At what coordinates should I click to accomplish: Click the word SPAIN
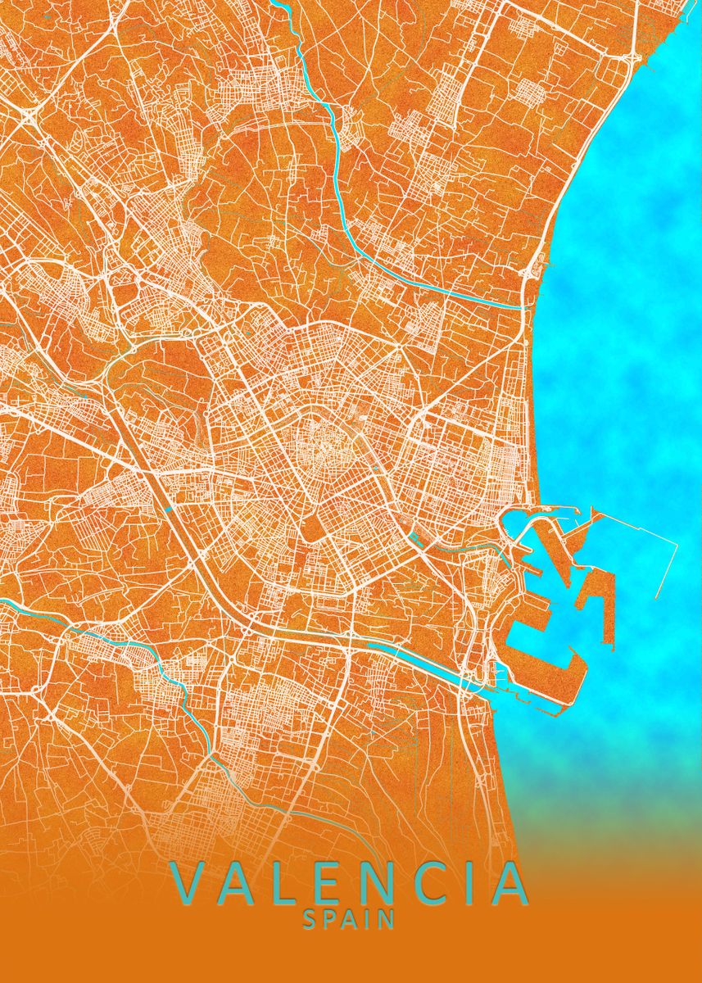pyautogui.click(x=350, y=920)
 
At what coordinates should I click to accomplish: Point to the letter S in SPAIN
pyautogui.click(x=310, y=920)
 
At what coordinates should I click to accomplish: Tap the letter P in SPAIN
pyautogui.click(x=329, y=920)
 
